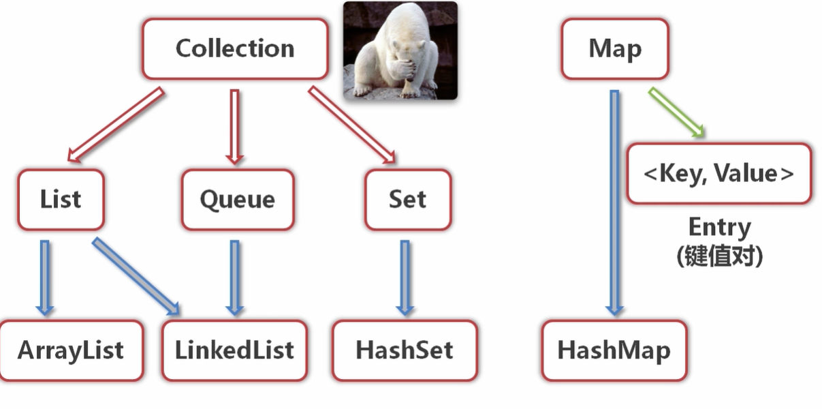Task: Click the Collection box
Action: coord(235,48)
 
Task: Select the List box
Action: coord(61,200)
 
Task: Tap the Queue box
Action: coord(238,200)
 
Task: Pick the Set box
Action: coord(407,200)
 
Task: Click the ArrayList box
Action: coord(71,350)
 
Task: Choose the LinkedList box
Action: coord(234,350)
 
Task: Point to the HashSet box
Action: coord(405,350)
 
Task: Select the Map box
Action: coord(615,49)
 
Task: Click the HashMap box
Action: coord(614,350)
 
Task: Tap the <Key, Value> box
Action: coord(718,173)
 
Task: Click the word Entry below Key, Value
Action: coord(719,227)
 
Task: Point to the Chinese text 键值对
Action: coord(719,256)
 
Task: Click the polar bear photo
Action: coord(400,50)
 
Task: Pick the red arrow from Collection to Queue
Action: coord(235,126)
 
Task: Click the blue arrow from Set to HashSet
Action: coord(405,277)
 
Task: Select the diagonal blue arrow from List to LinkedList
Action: coord(137,277)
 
